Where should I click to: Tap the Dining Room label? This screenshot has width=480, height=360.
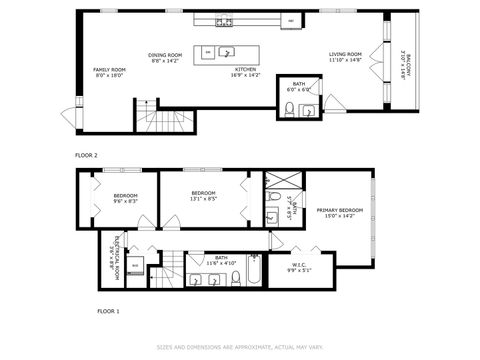pos(165,57)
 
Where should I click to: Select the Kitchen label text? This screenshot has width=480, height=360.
pos(245,70)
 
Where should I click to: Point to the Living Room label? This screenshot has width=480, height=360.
pos(346,57)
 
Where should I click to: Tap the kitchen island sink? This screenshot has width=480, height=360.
pos(227,51)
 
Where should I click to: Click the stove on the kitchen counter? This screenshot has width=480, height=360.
pos(226,21)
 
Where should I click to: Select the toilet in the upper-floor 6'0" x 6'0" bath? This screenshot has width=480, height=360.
pos(288,110)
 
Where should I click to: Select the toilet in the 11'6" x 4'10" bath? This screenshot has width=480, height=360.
pos(236,279)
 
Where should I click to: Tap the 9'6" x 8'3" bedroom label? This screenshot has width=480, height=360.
pos(125,197)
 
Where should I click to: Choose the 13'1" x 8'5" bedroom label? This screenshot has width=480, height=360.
pos(204,197)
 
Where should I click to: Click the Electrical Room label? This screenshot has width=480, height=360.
pos(115,249)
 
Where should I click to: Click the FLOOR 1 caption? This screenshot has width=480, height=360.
pos(108,312)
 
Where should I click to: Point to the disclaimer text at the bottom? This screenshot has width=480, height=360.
pos(239,347)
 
